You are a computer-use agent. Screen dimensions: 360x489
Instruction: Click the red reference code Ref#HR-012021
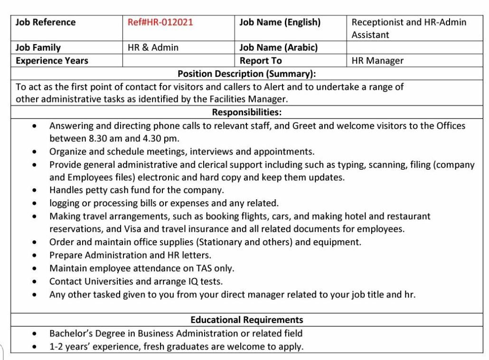coord(160,22)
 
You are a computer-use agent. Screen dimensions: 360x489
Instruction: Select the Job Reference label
coord(46,22)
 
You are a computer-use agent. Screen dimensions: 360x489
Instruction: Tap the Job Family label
coord(38,47)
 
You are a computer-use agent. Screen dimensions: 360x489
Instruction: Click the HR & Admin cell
coord(153,47)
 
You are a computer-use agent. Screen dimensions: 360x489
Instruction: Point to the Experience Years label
coord(52,61)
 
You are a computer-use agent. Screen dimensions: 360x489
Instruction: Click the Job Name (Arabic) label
coord(278,47)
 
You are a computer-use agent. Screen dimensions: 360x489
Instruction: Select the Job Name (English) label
coord(280,22)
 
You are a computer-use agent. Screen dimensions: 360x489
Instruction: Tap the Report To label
coord(261,61)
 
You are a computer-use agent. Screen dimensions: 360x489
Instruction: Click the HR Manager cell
coord(377,61)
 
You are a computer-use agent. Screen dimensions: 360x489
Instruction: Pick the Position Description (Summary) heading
coord(246,74)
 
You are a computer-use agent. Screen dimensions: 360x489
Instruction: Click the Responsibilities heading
coord(246,112)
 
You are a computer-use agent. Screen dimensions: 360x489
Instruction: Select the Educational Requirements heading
coord(246,320)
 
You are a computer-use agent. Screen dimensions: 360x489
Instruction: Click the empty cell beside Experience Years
coord(178,61)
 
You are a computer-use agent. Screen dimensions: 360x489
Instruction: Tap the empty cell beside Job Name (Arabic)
coord(414,47)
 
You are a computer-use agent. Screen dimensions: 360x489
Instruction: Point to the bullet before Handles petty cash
coord(34,191)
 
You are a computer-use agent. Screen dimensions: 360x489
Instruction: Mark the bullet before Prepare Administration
coord(34,256)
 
